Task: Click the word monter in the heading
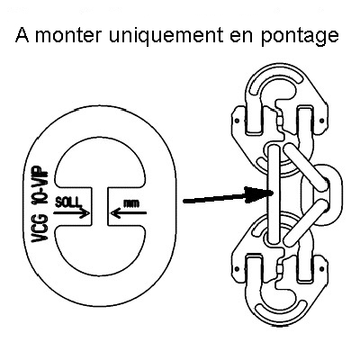point(68,35)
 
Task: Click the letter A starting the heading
point(22,35)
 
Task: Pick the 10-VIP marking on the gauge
point(40,186)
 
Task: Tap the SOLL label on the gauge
point(68,202)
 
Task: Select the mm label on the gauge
point(132,204)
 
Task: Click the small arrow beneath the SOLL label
point(72,213)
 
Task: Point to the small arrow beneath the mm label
point(129,213)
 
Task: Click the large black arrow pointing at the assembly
point(229,195)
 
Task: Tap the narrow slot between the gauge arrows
point(100,206)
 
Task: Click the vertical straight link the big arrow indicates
point(274,193)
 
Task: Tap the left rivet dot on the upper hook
point(237,121)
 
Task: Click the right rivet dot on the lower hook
point(322,268)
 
